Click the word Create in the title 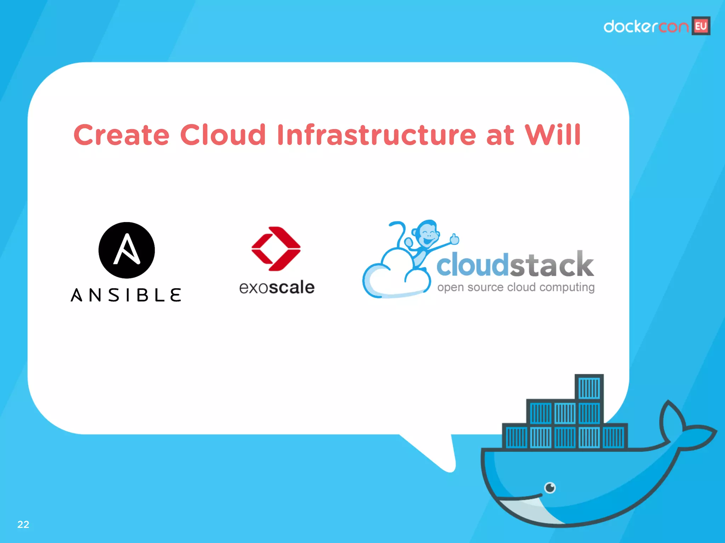point(121,135)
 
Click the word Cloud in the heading point(223,135)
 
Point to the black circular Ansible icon point(126,250)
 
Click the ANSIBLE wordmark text point(126,295)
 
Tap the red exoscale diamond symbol point(276,249)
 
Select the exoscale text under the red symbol point(276,287)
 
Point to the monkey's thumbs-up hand point(454,239)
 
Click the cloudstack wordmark point(515,264)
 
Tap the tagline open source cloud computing point(516,287)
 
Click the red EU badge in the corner point(701,26)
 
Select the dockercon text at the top point(646,27)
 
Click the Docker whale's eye point(550,488)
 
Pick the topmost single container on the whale point(589,387)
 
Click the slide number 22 point(23,524)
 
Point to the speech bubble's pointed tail point(439,456)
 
